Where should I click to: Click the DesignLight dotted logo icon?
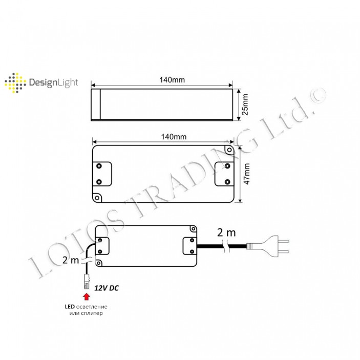point(15,82)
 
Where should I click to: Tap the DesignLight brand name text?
point(53,82)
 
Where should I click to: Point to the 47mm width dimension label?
point(246,174)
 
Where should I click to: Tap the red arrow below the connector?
point(87,295)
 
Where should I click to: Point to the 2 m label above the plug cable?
point(226,232)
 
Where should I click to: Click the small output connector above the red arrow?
point(87,281)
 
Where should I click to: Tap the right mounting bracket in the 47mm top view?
point(224,174)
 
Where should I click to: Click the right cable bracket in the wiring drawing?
point(189,245)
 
